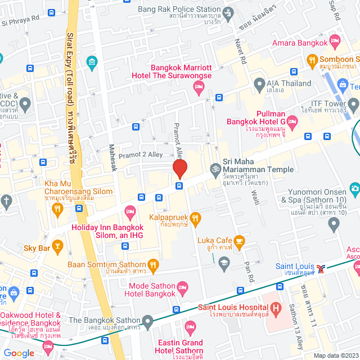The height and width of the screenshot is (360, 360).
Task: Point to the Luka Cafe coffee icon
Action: pos(239,241)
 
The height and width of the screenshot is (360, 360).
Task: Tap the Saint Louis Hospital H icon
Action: pos(276,308)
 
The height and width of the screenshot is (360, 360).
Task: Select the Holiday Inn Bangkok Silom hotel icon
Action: pos(130,212)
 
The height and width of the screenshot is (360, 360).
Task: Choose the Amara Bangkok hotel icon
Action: pos(335,40)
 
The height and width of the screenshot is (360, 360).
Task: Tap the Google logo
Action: pos(19,353)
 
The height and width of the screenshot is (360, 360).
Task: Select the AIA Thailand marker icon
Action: pos(259,84)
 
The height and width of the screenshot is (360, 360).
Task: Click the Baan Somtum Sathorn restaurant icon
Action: pos(154,264)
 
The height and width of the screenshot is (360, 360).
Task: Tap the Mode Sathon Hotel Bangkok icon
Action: pos(182,286)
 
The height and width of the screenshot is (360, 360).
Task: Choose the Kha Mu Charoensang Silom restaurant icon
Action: pos(57,209)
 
